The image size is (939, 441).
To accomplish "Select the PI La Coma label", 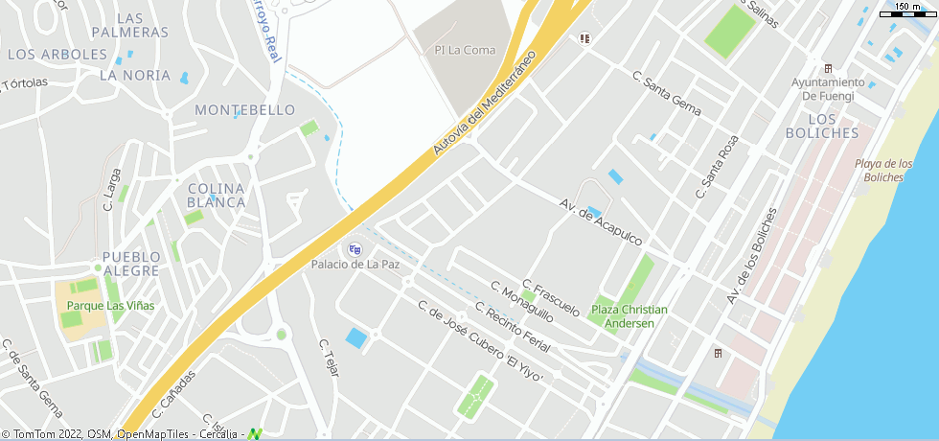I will tap(465, 50).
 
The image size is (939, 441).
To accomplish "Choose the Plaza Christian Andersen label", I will tap(629, 316).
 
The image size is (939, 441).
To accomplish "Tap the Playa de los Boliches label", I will tap(882, 170).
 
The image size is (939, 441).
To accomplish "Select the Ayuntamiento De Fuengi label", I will tap(827, 88).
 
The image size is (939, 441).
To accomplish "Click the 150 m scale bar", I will tap(909, 9).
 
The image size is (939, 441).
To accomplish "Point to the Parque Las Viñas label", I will tap(109, 306).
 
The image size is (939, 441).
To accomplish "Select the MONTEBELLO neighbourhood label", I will tap(244, 110).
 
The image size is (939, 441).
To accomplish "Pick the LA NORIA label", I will tap(135, 75).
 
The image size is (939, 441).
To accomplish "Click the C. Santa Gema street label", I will tap(667, 92).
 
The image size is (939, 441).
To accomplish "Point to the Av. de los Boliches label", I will tap(750, 256).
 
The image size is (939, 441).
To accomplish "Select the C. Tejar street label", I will tap(329, 357).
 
